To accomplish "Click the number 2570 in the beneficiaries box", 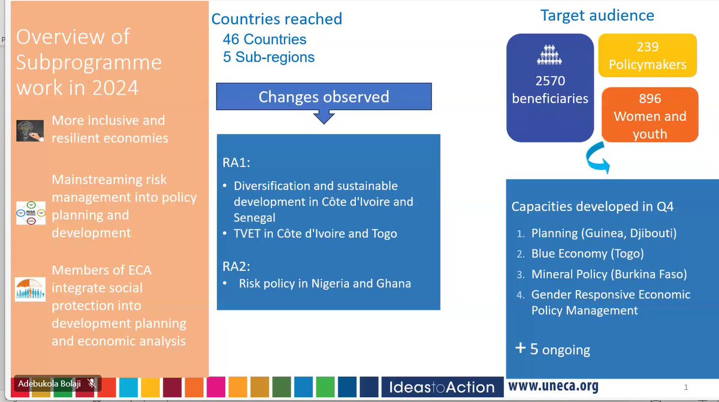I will (x=550, y=80).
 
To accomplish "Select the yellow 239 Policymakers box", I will (x=647, y=56).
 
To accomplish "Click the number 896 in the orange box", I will (x=650, y=99).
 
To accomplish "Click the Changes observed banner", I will (x=324, y=97).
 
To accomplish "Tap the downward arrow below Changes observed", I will (x=324, y=117).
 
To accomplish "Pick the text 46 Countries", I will (x=264, y=40).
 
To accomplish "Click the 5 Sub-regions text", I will (x=268, y=57).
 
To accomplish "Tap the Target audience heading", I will (x=597, y=15).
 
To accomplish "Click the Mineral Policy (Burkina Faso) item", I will (x=609, y=274).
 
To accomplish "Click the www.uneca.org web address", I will (x=553, y=385).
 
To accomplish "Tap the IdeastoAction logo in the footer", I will (x=442, y=387).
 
